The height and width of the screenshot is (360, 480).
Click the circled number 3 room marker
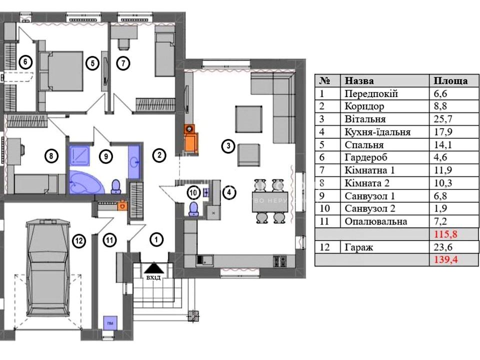coord(227,146)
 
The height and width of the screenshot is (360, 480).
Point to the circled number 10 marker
coord(193,191)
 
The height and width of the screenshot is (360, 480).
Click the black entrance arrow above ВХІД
coord(153,269)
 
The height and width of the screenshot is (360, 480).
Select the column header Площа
coord(450,80)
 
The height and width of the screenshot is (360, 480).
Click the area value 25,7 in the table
coord(441,119)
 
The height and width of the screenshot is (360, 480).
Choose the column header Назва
coord(359,80)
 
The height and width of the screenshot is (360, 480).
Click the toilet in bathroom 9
coord(116,186)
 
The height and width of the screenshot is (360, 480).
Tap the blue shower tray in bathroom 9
coord(78,155)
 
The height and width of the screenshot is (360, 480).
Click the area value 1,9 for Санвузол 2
coord(439,208)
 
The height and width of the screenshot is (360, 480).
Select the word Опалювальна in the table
coord(375,221)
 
